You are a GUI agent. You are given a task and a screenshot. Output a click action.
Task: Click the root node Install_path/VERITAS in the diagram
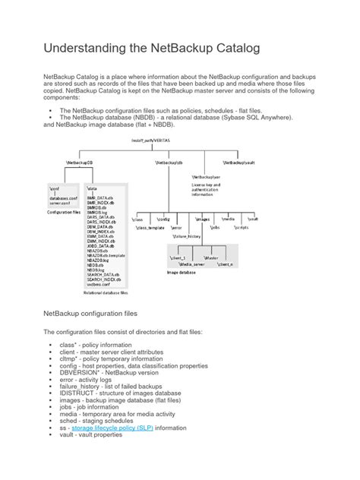[x=173, y=141]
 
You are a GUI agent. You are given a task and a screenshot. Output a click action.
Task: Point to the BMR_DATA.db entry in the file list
[x=102, y=197]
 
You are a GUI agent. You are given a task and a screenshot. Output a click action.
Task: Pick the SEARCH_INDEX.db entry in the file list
[x=105, y=278]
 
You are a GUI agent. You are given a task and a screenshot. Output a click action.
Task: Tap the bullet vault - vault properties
[x=90, y=456]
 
